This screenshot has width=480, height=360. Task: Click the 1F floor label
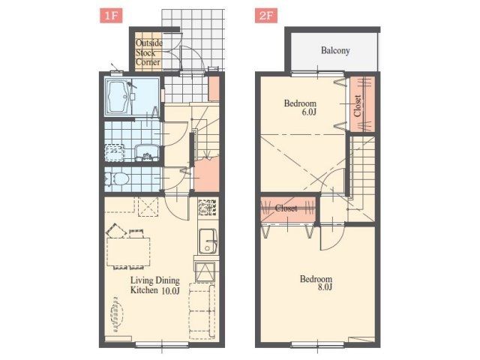[111, 16]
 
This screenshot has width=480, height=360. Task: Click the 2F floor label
[266, 16]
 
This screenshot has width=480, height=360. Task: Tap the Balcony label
[335, 50]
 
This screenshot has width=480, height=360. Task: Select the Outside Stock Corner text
[148, 52]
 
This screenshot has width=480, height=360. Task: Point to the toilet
[117, 179]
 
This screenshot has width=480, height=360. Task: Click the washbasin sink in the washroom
[147, 152]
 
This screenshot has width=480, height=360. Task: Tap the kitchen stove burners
[208, 207]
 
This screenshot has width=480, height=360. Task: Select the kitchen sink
[208, 241]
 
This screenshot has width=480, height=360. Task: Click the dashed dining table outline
[128, 252]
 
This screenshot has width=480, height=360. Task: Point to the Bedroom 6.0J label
[300, 107]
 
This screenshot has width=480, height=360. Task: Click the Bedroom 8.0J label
[316, 283]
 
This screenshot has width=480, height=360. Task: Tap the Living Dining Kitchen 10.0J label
[155, 285]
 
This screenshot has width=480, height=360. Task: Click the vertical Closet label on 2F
[357, 106]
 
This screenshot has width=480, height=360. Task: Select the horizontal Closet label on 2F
[286, 208]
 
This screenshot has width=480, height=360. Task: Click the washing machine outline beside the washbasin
[114, 152]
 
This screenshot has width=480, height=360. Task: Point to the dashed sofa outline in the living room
[202, 311]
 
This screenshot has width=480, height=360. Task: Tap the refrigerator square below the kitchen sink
[205, 271]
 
